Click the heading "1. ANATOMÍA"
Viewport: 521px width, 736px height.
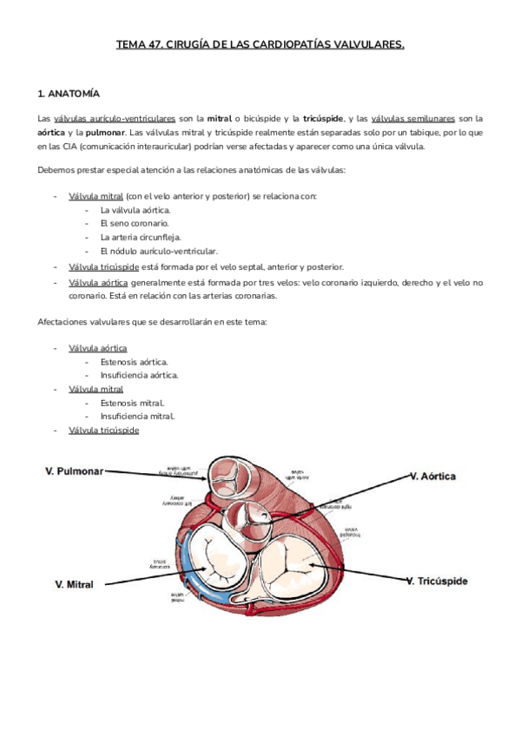point(69,92)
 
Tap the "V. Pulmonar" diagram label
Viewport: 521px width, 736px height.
point(74,471)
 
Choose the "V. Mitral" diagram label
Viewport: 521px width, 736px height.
point(73,584)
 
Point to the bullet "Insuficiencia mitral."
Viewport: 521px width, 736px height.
point(137,416)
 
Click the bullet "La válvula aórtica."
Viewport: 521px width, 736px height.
point(135,210)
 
